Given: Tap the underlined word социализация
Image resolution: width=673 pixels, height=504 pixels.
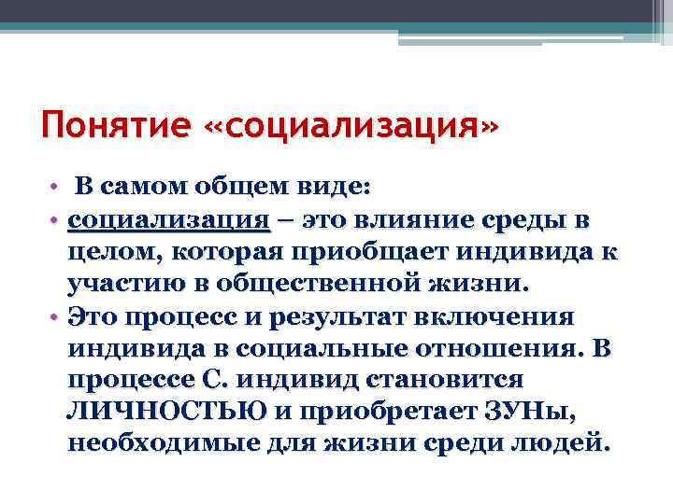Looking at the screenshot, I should point(169,220).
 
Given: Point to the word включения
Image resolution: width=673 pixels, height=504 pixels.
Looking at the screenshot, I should point(506,317).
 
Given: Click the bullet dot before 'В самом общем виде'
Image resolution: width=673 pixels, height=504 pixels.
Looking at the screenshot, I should point(56,188).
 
